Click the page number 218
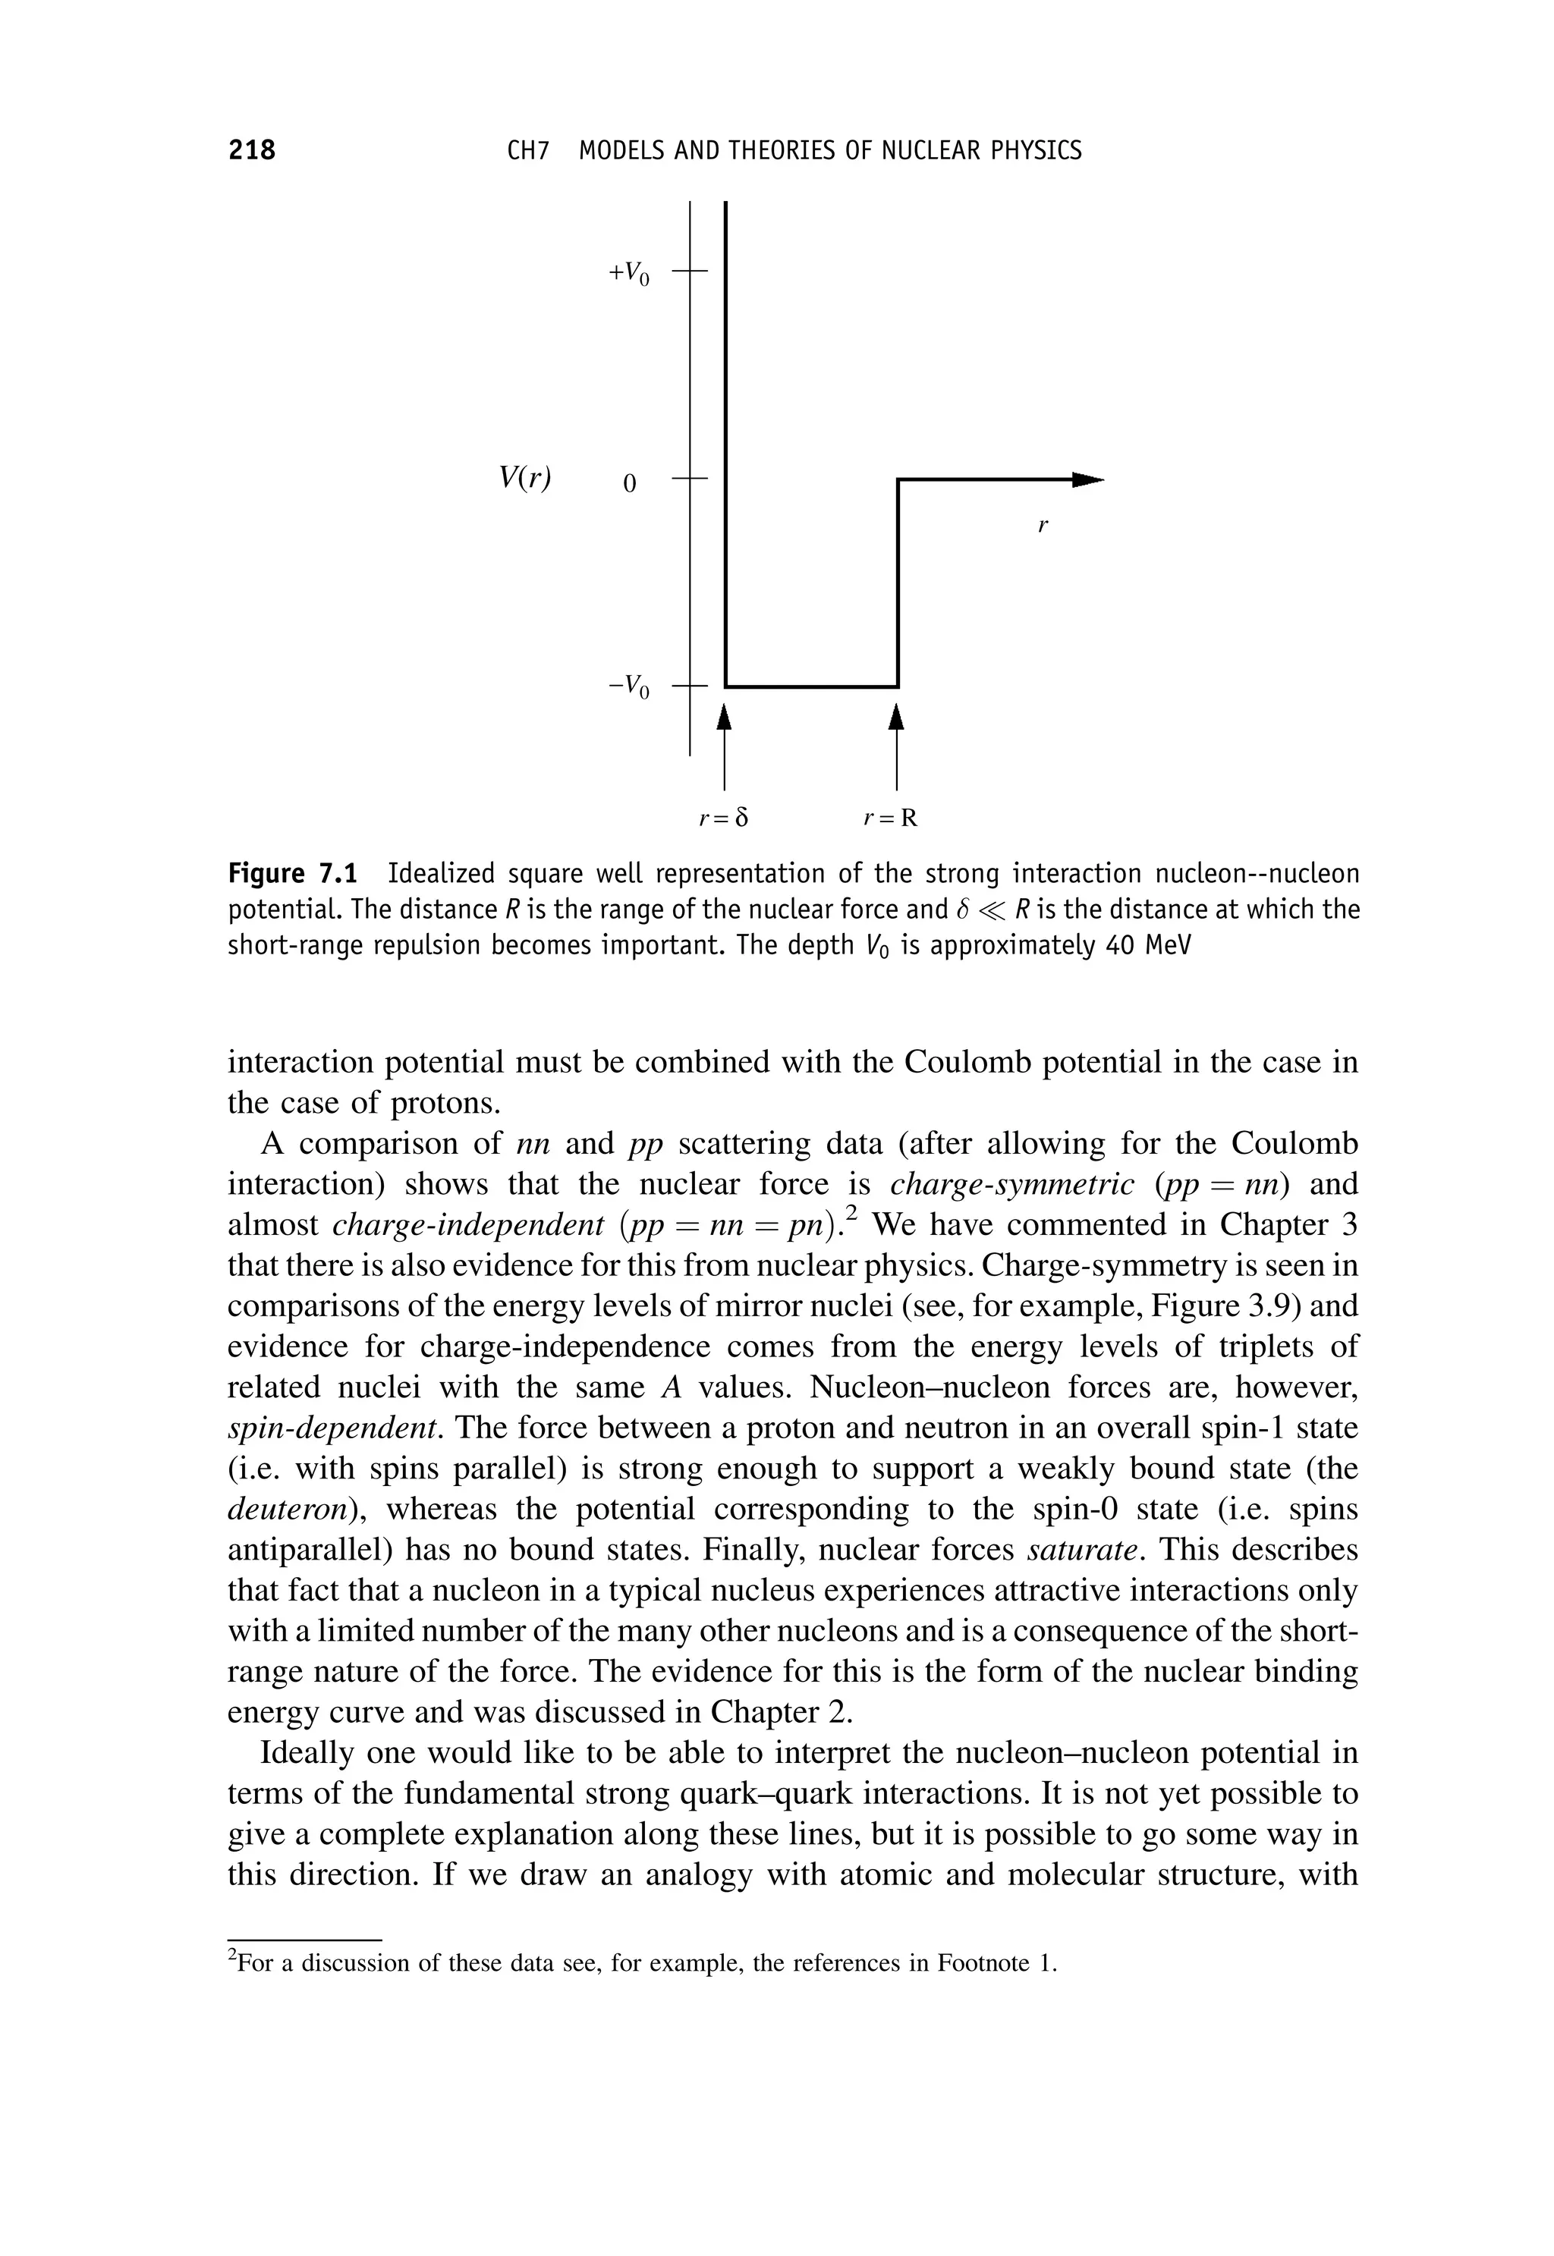coord(252,151)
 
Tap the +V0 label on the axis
coord(629,274)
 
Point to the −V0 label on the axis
coord(628,687)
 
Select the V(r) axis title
coord(526,478)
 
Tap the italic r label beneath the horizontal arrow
coord(1043,526)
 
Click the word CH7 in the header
coord(529,151)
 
